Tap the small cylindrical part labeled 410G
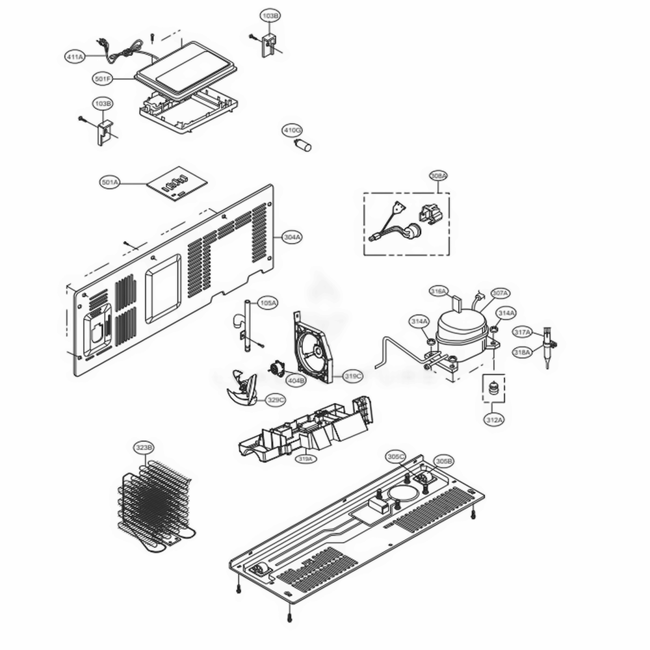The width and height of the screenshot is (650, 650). pos(304,145)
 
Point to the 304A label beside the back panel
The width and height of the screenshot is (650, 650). pos(292,237)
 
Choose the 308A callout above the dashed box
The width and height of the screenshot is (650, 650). pos(439,176)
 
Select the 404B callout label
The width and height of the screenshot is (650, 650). pos(296,380)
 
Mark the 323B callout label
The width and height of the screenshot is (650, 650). pos(144,448)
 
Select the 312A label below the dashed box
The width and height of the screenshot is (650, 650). pos(494,421)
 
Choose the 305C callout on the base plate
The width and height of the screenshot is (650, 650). pos(396,456)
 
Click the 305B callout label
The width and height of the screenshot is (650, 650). pos(443,461)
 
